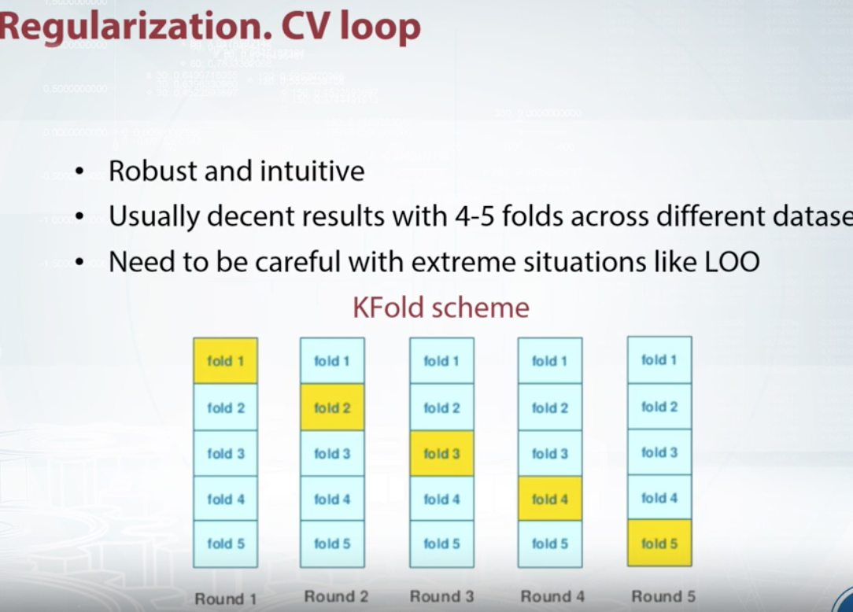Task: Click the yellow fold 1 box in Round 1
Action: [225, 361]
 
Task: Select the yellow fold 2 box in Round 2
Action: [332, 407]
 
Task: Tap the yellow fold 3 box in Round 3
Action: [441, 453]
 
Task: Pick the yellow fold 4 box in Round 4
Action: [549, 499]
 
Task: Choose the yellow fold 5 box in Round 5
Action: [659, 543]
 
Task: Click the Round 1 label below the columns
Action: [225, 599]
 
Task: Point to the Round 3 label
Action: [441, 597]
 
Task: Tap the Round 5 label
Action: [663, 596]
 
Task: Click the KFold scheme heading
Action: [441, 307]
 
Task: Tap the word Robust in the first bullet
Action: [153, 171]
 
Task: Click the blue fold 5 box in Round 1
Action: [225, 544]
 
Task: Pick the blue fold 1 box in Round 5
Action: [659, 360]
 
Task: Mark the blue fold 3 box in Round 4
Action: [549, 453]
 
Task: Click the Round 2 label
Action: [336, 597]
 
